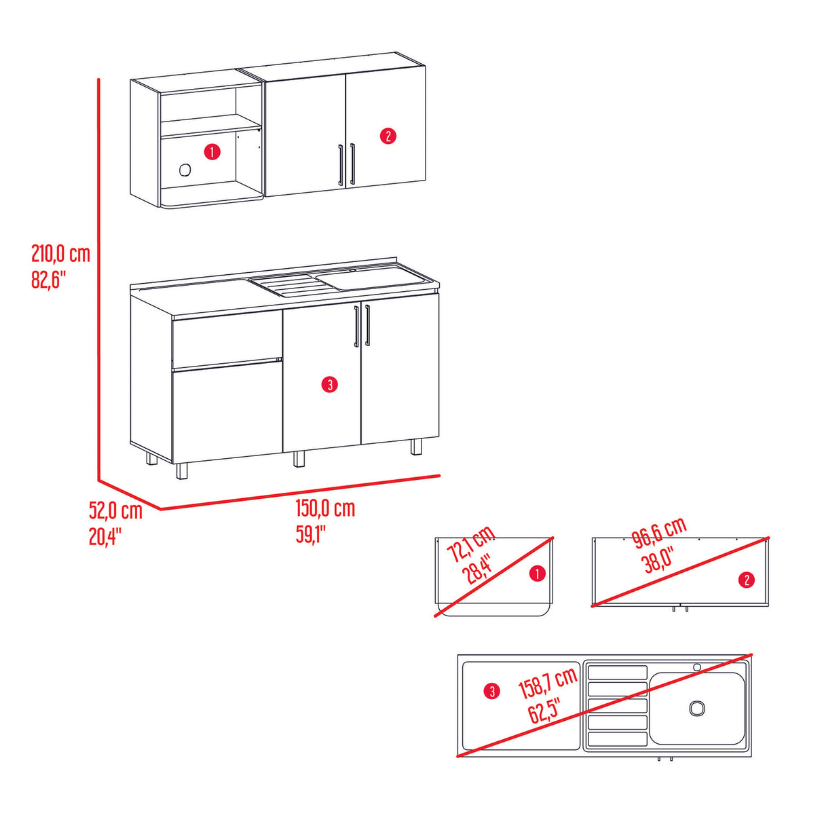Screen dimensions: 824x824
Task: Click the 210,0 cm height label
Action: [x=60, y=255]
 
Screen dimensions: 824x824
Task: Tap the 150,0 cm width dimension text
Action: [x=324, y=508]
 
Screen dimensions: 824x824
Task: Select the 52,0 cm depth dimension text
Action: [x=115, y=510]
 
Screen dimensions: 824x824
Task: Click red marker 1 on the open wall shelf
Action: [x=212, y=151]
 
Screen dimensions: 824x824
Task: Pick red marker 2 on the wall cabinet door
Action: [x=387, y=136]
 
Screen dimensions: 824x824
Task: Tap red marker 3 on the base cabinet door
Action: [x=329, y=385]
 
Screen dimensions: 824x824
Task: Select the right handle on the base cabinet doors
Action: [x=367, y=326]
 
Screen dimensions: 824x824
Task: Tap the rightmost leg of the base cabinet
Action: [x=416, y=447]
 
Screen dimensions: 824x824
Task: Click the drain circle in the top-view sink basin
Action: [x=697, y=708]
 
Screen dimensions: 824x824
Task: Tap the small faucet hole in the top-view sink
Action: [x=696, y=667]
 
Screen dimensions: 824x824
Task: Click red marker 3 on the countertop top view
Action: [x=491, y=692]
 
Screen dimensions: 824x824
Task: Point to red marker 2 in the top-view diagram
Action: [x=747, y=579]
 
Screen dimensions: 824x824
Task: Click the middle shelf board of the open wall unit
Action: [x=210, y=127]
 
